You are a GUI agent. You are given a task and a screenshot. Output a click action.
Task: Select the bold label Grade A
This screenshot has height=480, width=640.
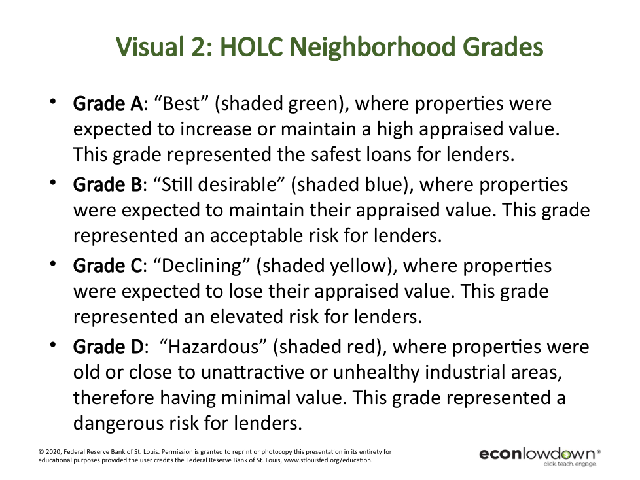coord(108,103)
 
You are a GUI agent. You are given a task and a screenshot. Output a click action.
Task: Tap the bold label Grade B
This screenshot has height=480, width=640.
coord(107,184)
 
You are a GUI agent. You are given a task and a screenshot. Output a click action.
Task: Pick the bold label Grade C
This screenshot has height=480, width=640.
coord(107,266)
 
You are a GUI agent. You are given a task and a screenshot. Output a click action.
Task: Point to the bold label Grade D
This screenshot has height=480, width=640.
coord(109,347)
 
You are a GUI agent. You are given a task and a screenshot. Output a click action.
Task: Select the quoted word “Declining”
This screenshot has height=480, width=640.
coord(202,267)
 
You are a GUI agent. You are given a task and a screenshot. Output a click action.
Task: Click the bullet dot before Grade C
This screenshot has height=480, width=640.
coord(52,264)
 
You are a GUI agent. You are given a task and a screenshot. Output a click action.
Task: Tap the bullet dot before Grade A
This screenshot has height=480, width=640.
coord(52,101)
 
